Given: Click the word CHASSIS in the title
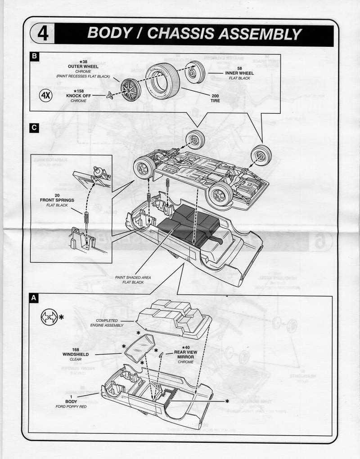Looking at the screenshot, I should click(x=198, y=34).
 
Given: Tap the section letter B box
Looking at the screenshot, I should click(x=34, y=57).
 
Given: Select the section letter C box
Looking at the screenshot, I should click(x=34, y=128).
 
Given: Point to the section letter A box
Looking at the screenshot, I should click(x=34, y=298).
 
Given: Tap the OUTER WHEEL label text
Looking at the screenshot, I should click(x=83, y=67).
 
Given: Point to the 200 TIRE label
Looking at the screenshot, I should click(x=215, y=98).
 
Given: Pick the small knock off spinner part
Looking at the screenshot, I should click(x=109, y=95).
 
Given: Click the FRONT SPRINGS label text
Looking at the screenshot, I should click(x=57, y=200).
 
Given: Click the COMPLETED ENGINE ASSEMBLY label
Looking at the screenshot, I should click(x=107, y=323).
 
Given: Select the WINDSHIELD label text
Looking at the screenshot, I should click(x=76, y=354).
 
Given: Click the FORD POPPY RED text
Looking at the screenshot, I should click(x=71, y=406).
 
